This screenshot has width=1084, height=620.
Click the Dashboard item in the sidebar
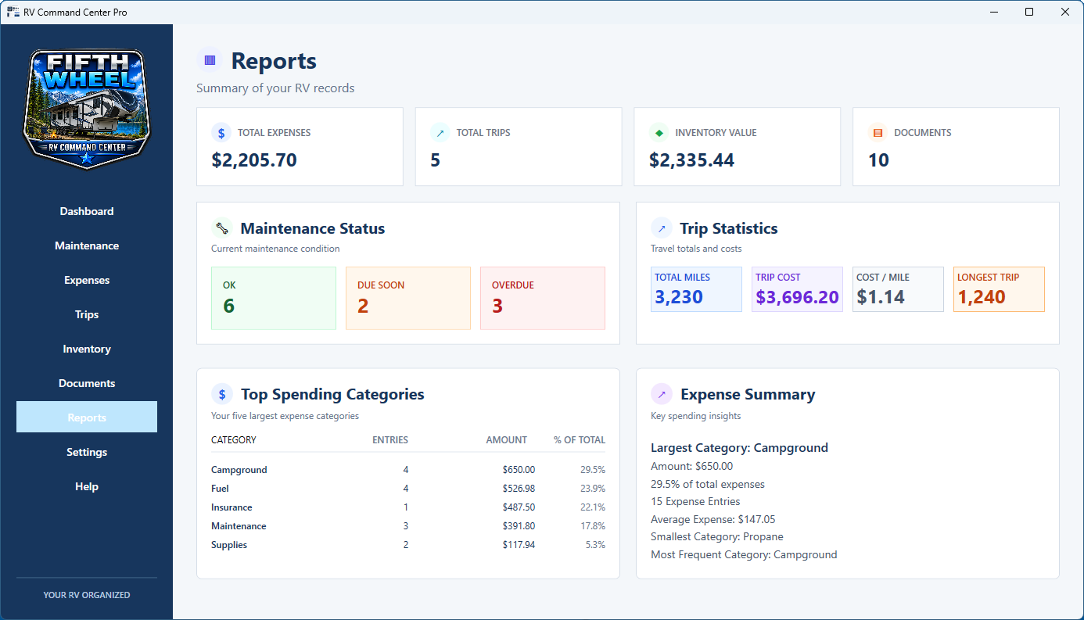click(87, 211)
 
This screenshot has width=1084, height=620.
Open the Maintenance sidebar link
click(87, 245)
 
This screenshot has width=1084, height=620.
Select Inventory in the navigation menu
click(87, 349)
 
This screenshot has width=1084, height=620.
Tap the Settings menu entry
click(87, 452)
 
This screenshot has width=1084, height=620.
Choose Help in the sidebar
click(87, 486)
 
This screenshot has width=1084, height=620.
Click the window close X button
click(1065, 12)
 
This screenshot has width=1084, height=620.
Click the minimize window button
click(994, 12)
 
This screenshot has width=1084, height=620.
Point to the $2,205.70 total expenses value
click(254, 160)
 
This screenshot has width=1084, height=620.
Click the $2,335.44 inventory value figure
click(691, 160)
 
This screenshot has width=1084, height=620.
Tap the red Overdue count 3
click(497, 306)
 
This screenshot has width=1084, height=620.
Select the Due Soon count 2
click(363, 306)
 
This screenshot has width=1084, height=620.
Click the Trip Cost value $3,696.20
click(797, 297)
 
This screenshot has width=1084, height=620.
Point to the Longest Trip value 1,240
click(982, 297)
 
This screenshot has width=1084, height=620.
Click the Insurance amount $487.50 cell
click(519, 507)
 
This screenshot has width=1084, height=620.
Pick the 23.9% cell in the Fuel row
click(593, 489)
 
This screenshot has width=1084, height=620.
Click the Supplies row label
click(229, 545)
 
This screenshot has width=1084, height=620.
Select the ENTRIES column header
click(390, 440)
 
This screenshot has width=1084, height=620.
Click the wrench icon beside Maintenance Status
click(222, 228)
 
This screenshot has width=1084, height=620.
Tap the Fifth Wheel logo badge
click(87, 109)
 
